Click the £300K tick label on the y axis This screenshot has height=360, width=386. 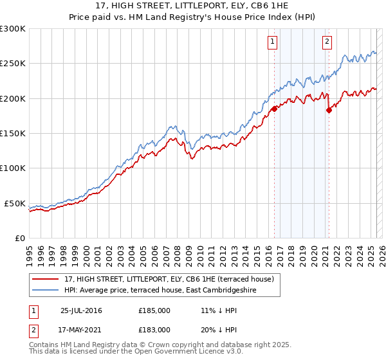pos(13,29)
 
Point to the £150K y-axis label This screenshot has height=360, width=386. pos(13,133)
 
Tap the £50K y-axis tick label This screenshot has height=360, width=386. pos(15,203)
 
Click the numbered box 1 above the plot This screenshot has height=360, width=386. pos(273,42)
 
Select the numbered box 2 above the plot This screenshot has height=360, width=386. pos(327,42)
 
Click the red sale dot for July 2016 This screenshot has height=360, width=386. pos(274,109)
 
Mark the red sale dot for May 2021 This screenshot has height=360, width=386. pos(329,110)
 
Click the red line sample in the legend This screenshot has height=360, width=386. pos(46,279)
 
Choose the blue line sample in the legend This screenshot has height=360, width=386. pos(46,291)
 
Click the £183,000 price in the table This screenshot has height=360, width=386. pos(154,330)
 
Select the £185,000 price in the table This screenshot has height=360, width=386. pos(154,310)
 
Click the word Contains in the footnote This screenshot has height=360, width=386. pos(46,345)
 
